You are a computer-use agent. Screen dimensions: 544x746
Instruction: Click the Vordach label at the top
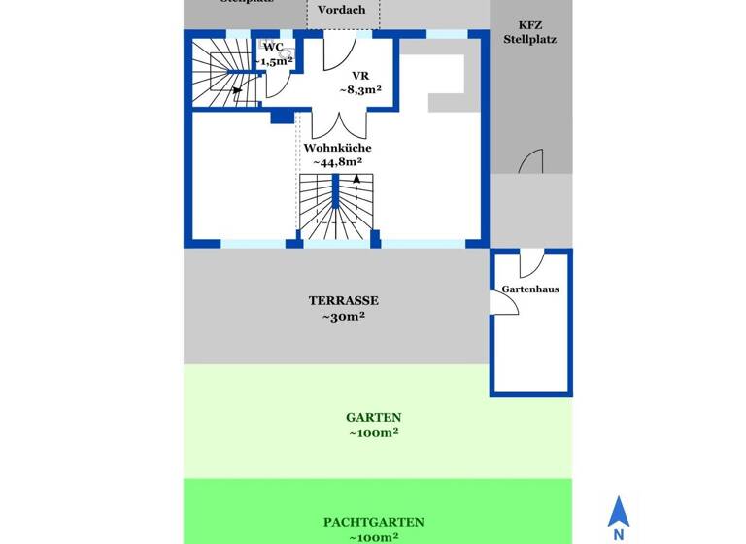click(342, 10)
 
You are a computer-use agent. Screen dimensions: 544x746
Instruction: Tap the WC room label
click(273, 47)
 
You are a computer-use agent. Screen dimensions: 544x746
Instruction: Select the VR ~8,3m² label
click(359, 82)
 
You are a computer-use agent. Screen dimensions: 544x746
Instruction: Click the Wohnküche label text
click(337, 148)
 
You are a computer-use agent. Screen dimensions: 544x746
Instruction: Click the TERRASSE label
click(343, 300)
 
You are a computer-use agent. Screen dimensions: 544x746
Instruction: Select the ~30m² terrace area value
click(337, 317)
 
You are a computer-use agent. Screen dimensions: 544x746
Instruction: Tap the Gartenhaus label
click(530, 289)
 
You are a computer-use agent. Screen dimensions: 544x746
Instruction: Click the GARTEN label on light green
click(373, 417)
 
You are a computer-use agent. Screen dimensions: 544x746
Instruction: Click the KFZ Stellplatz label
click(530, 32)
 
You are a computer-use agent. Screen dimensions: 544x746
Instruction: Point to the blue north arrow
click(617, 511)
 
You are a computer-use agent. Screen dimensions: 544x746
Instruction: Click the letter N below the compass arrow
click(617, 533)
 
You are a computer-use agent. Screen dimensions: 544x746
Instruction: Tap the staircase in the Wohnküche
click(335, 209)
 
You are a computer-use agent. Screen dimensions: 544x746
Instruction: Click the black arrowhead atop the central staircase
click(357, 179)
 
